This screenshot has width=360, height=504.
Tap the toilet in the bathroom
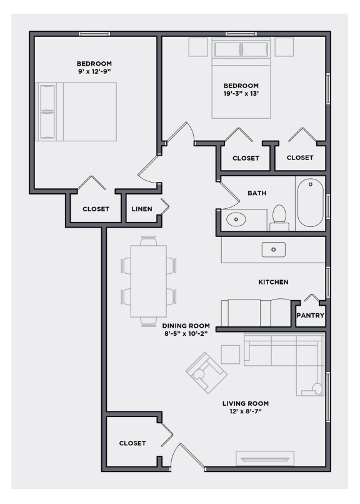point(279,215)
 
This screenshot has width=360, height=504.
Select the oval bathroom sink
point(237,219)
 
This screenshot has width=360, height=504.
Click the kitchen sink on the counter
point(273,249)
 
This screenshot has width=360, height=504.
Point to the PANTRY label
point(310,316)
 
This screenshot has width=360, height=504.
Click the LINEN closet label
point(141,209)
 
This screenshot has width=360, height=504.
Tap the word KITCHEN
point(273,282)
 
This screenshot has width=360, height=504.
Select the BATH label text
point(256,193)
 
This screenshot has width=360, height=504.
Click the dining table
point(148,281)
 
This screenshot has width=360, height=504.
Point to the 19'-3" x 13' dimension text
point(241,94)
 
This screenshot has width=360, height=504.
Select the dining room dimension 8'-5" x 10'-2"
point(184,334)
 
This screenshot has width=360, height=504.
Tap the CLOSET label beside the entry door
point(132,443)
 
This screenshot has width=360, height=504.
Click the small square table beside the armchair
point(230,355)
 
